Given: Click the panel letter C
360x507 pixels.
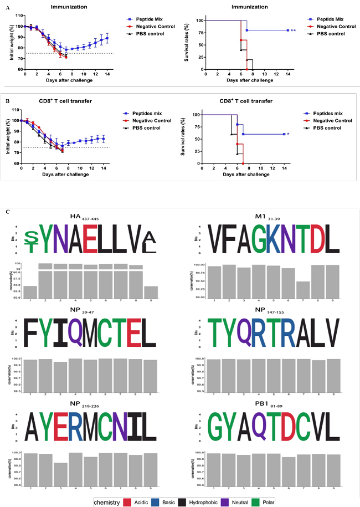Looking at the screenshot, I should (7, 212).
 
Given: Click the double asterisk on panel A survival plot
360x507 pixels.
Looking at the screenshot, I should (294, 30).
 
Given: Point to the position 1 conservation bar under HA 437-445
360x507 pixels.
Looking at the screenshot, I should (30, 291).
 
